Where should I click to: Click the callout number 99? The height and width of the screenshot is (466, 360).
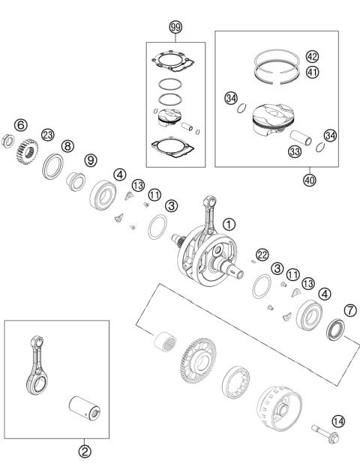click(x=176, y=28)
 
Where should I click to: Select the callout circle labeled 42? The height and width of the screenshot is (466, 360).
click(x=313, y=56)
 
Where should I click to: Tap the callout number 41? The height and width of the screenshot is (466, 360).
click(x=313, y=73)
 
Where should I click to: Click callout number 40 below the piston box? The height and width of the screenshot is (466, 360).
click(x=309, y=180)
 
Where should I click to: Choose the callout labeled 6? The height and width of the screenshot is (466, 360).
click(x=20, y=124)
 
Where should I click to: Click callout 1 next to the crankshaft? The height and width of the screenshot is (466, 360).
click(x=229, y=223)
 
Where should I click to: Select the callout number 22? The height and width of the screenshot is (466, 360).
click(x=262, y=254)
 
